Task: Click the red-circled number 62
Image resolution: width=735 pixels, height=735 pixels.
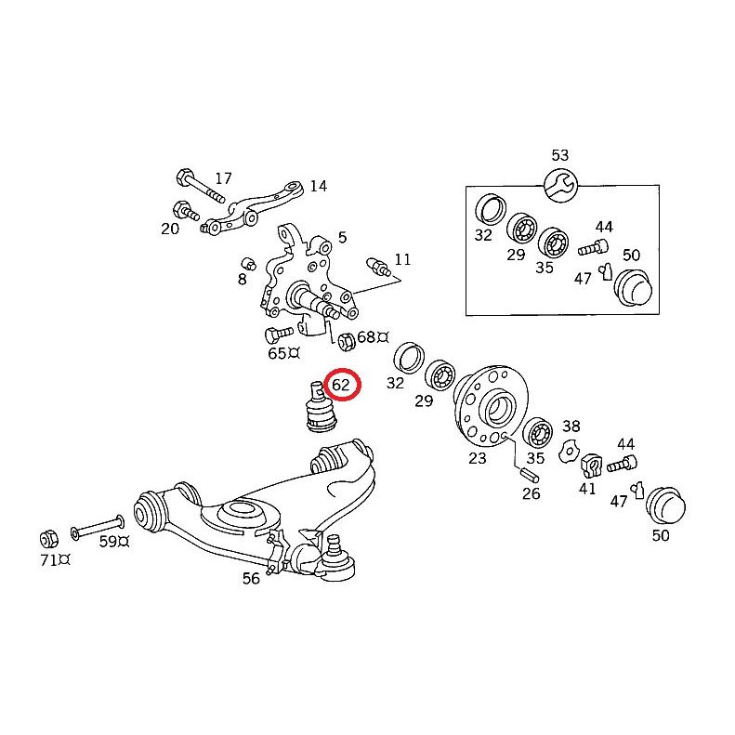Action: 340,384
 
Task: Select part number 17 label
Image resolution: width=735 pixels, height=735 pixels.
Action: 223,178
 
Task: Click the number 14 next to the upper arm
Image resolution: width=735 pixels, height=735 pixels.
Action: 318,186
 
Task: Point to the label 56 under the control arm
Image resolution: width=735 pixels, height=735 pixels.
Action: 251,578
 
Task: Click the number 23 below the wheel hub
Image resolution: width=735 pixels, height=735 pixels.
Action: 478,457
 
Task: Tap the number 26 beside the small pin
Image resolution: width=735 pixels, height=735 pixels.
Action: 531,493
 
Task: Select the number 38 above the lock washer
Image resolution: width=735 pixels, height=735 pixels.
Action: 571,427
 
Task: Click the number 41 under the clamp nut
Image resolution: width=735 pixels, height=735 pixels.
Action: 586,488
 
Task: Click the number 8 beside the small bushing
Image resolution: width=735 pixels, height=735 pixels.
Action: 242,278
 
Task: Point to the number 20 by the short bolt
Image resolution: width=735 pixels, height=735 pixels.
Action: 169,228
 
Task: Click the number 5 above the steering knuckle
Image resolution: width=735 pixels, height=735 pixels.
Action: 342,238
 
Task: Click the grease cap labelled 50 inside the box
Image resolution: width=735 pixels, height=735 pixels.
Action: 632,286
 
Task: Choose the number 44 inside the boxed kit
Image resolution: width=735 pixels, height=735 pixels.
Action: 604,227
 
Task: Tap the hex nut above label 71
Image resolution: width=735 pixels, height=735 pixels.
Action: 48,536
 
